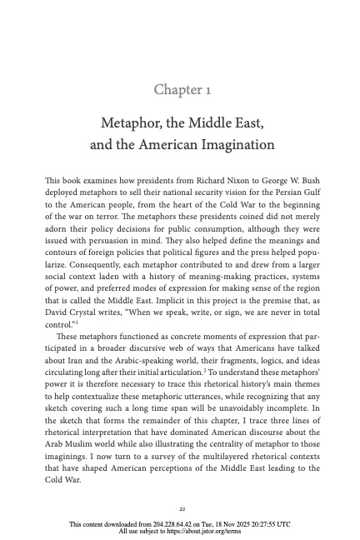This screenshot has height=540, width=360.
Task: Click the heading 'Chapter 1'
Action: point(180,89)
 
